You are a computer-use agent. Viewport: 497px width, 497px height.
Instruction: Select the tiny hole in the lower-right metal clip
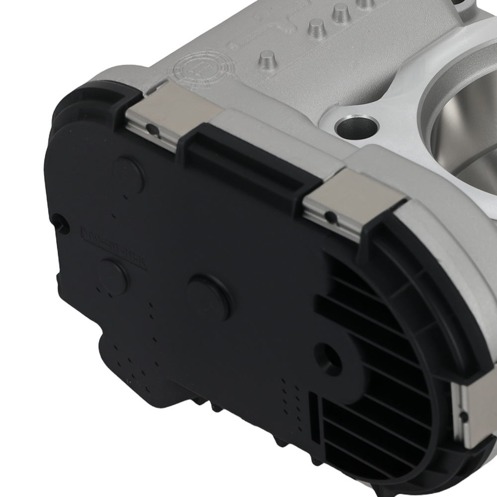coord(463,414)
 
